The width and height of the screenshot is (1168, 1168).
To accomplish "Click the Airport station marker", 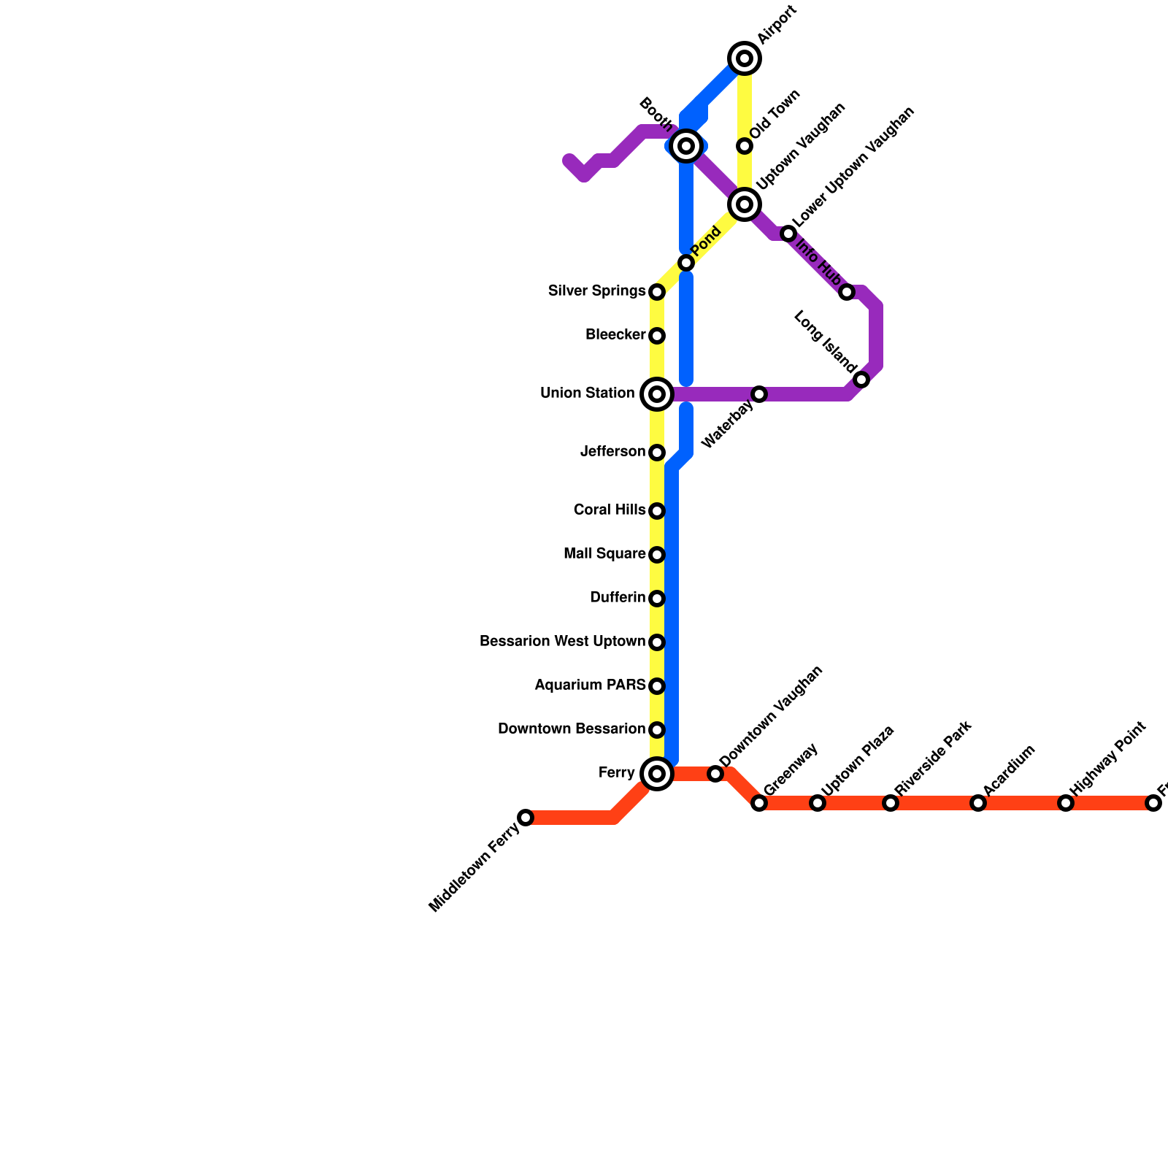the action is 745,58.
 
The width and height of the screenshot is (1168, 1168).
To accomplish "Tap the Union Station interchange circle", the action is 657,394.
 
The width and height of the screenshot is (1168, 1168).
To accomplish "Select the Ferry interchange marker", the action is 657,774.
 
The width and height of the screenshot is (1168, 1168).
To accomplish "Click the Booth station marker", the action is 686,146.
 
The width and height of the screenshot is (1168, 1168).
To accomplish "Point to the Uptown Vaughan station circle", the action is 745,204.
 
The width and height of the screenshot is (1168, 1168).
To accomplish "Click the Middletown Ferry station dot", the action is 526,818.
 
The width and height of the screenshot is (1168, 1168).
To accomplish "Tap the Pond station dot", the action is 686,263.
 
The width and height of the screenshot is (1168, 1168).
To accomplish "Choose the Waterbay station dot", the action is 759,394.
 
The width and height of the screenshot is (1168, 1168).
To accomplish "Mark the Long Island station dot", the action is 861,380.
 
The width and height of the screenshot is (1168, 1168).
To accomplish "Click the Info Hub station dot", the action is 847,292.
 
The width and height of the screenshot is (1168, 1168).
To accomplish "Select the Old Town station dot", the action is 745,146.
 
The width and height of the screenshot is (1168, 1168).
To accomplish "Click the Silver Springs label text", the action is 596,291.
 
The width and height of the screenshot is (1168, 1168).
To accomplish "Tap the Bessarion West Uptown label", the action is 562,642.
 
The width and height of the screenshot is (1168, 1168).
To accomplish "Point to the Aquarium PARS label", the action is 590,685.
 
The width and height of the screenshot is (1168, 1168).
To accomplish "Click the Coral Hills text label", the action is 610,510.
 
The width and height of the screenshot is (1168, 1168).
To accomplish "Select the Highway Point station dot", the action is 1066,803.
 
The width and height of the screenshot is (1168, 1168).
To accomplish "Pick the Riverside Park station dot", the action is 891,803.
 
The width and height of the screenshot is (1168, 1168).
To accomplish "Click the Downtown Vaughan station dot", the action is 715,774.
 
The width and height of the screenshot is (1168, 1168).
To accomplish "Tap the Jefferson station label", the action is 612,452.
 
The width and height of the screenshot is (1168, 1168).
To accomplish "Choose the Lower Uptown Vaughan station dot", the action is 788,234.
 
